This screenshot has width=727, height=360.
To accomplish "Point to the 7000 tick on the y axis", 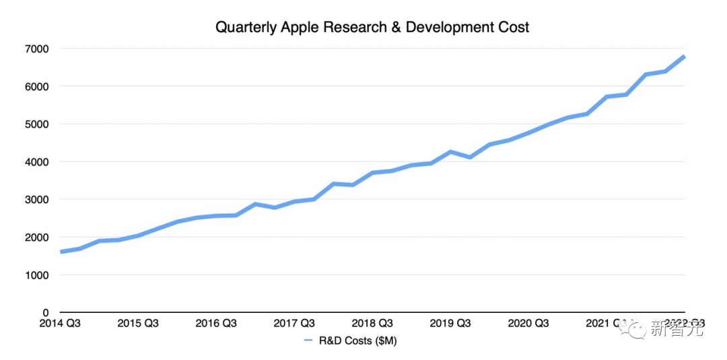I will point(38,48).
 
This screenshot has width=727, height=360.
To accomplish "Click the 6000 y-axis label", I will point(38,86).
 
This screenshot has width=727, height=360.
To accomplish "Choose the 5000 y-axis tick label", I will point(38,124).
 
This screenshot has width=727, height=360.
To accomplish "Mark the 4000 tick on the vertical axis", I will point(38,161).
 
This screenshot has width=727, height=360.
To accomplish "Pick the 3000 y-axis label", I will point(38,200).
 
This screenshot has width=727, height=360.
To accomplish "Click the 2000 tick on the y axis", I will point(38,238).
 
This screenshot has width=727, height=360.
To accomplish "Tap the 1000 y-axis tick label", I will point(38,275).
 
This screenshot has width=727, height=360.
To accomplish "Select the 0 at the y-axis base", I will point(46,313).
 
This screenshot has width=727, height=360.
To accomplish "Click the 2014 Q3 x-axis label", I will point(60,323).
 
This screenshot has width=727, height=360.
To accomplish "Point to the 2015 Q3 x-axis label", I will point(138,323).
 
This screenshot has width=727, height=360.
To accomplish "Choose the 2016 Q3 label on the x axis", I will point(216,323).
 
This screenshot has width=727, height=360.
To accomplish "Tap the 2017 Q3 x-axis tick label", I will point(294,323).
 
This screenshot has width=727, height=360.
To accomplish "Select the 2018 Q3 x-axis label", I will point(372,323).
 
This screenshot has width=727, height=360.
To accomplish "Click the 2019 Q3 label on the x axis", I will point(450,323).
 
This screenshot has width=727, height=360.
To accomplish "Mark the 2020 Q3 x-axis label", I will point(528,323).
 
